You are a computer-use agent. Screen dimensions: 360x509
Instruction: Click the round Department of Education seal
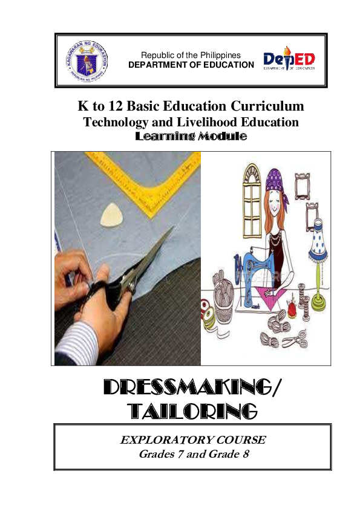(x=87, y=60)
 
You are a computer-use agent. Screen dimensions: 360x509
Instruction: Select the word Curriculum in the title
(x=267, y=106)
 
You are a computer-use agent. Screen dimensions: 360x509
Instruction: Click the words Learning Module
(x=191, y=136)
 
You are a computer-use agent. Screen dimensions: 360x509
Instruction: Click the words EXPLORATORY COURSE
(x=193, y=440)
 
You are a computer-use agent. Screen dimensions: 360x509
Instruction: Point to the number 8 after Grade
(x=246, y=454)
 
